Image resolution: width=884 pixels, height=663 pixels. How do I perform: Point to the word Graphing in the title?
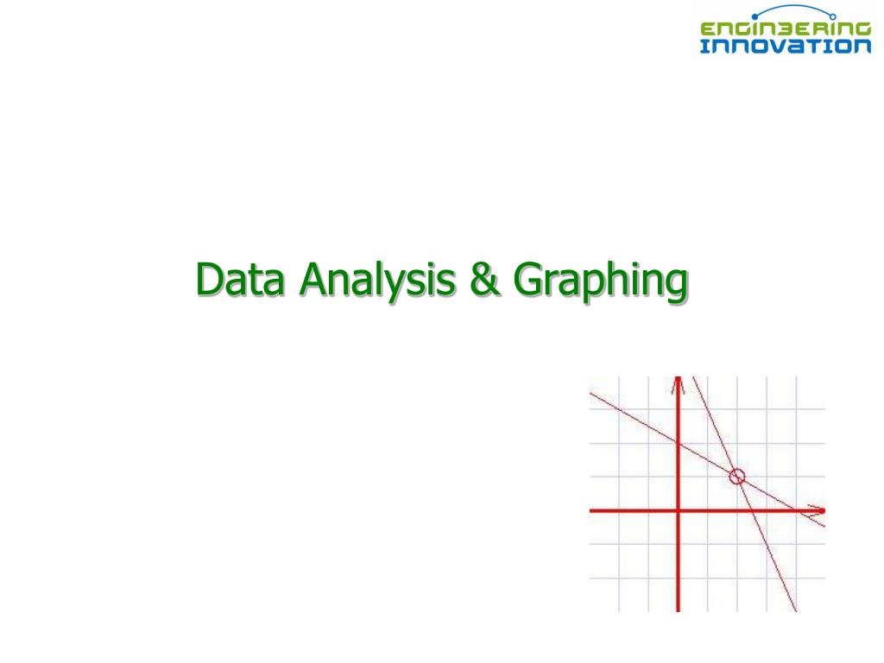[601, 283]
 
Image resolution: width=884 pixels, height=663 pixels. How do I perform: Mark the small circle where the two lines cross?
[736, 476]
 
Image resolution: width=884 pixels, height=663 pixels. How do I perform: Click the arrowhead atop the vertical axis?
[679, 384]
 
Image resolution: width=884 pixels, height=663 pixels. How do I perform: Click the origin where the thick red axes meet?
[679, 510]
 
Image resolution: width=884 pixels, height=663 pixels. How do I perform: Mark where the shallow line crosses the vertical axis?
[679, 443]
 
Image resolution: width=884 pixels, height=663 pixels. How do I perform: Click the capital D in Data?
[208, 280]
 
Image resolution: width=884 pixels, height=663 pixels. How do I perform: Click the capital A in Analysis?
[313, 280]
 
